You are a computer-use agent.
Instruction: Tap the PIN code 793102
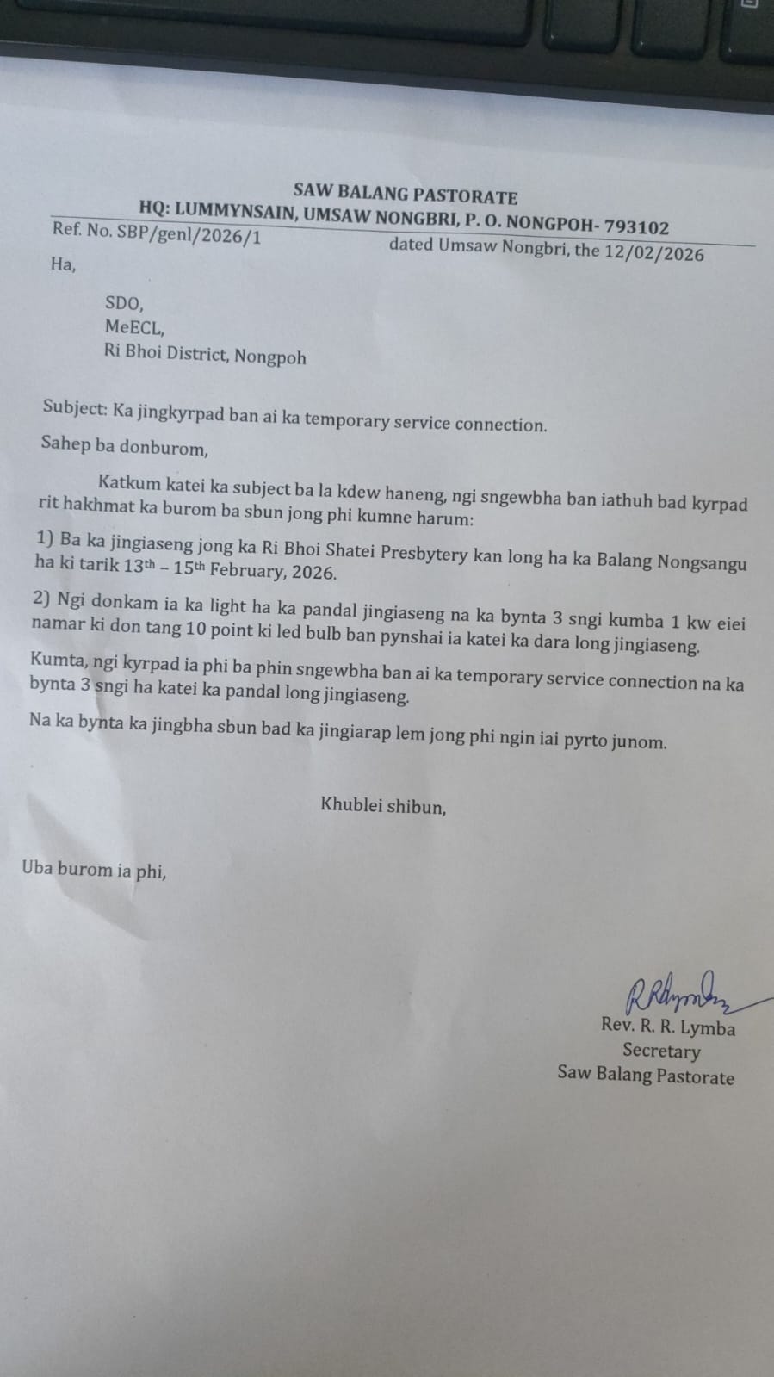point(636,227)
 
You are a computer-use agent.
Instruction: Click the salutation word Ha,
point(63,264)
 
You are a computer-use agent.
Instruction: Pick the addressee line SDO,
point(124,302)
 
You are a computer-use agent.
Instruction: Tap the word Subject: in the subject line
point(74,408)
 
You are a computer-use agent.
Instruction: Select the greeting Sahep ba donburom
point(124,446)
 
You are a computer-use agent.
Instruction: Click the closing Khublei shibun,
point(383,806)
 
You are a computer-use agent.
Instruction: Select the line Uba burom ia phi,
point(94,870)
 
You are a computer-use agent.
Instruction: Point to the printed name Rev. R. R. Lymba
point(667,1027)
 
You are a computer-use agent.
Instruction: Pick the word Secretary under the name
point(661,1051)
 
